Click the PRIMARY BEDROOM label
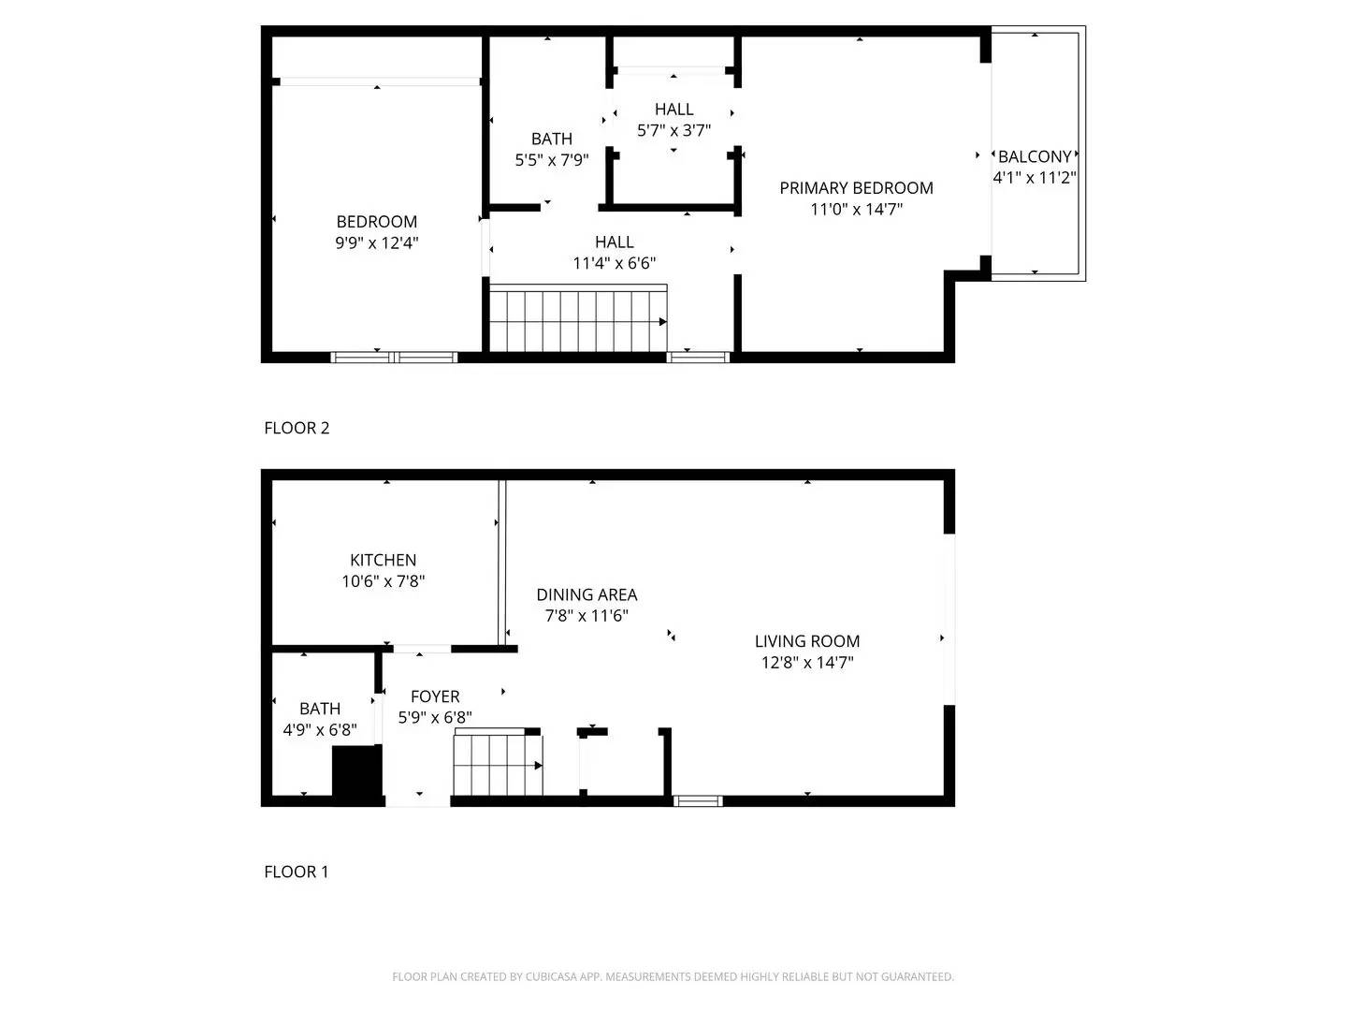coord(856,188)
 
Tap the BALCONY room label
coord(1035,157)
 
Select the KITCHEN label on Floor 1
coord(383,560)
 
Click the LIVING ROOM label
coord(807,641)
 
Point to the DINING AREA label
coord(587,594)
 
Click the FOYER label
coord(435,696)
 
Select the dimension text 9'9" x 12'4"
coord(376,242)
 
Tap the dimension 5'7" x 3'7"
coord(673,131)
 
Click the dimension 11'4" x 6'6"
coord(614,264)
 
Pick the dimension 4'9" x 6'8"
coord(320,729)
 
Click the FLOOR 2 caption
coord(297,428)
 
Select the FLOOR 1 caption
coord(297,872)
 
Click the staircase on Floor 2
coord(577,321)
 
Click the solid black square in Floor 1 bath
coord(357,774)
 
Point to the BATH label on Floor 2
coord(551,139)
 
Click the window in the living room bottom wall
coord(698,800)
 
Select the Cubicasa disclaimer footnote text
coord(673,976)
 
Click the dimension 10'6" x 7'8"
coord(383,581)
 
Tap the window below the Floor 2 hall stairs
coord(698,357)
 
